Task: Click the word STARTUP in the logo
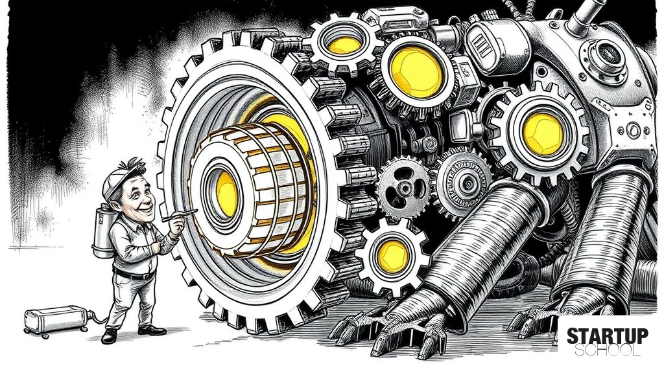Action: (607, 336)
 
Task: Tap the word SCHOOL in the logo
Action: (607, 350)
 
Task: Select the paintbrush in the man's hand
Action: (180, 215)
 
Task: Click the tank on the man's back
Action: (103, 230)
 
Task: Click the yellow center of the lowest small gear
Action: (393, 256)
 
